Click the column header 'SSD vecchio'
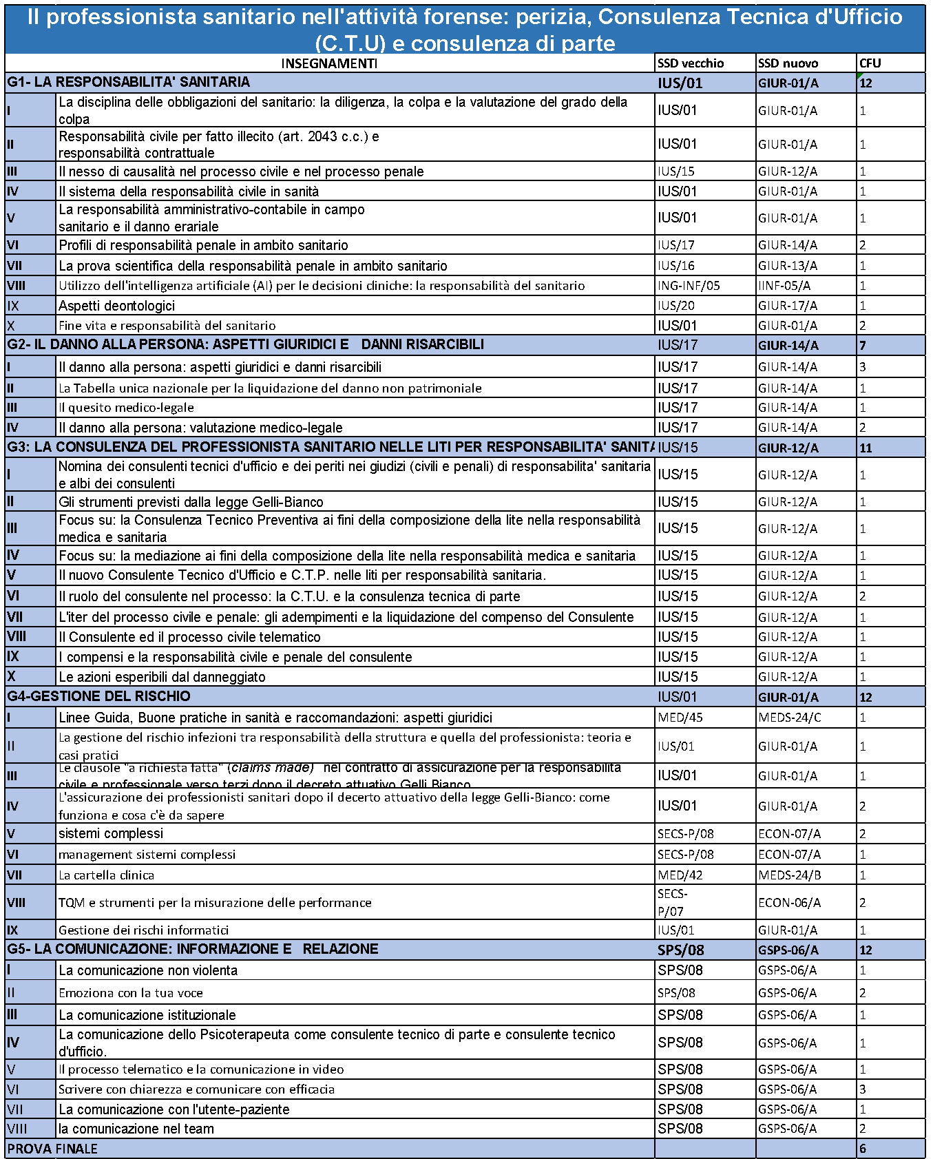pyautogui.click(x=691, y=63)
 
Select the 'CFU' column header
pyautogui.click(x=870, y=63)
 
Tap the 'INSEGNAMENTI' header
pyautogui.click(x=329, y=63)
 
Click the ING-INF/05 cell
pyautogui.click(x=689, y=286)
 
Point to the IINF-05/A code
pyautogui.click(x=784, y=286)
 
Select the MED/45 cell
pyautogui.click(x=680, y=718)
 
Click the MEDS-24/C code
pyautogui.click(x=790, y=718)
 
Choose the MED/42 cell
pyautogui.click(x=680, y=875)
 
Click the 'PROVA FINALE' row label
pyautogui.click(x=53, y=1149)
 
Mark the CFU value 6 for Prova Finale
pyautogui.click(x=863, y=1149)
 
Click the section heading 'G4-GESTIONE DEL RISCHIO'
pyautogui.click(x=99, y=696)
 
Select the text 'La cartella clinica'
pyautogui.click(x=106, y=875)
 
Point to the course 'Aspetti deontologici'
pyautogui.click(x=116, y=306)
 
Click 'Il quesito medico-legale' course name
pyautogui.click(x=126, y=408)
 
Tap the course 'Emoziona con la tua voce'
pyautogui.click(x=131, y=993)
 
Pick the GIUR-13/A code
pyautogui.click(x=788, y=266)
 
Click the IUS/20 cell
pyautogui.click(x=676, y=306)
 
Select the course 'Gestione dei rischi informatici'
pyautogui.click(x=143, y=930)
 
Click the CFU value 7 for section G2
pyautogui.click(x=863, y=345)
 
